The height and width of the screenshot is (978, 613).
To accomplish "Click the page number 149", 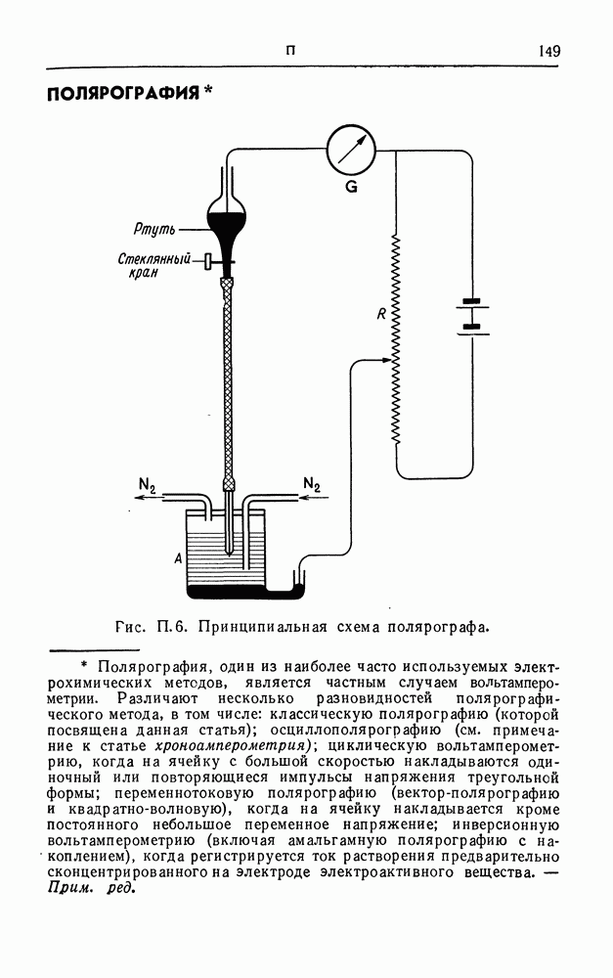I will click(x=548, y=51).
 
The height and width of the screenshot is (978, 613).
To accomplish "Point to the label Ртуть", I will click(x=154, y=230).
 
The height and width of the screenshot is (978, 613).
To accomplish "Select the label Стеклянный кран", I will click(x=159, y=266).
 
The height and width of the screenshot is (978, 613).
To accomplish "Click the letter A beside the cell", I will click(x=177, y=558).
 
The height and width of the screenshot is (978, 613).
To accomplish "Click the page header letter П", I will click(x=290, y=51).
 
